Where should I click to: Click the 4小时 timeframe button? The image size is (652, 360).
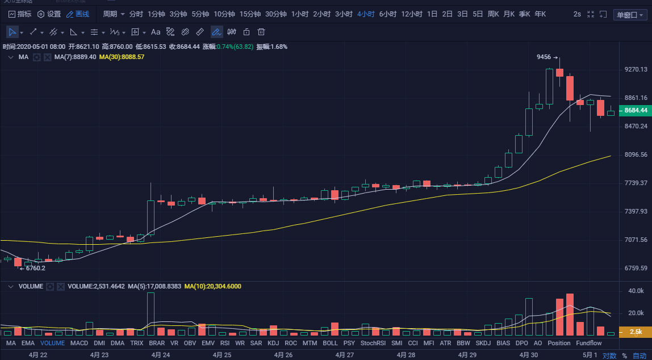click(x=366, y=14)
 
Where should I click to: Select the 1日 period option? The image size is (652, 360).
click(x=432, y=14)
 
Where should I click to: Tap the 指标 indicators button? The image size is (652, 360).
click(x=20, y=14)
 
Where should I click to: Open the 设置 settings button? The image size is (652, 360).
click(x=49, y=14)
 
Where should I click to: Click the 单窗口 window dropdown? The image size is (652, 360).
click(x=630, y=14)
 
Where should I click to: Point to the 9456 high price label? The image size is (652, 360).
click(x=544, y=57)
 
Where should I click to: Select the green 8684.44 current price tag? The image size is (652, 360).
click(x=636, y=110)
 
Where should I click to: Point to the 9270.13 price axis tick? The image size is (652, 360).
click(x=636, y=69)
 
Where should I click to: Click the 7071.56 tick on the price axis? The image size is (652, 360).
click(x=636, y=240)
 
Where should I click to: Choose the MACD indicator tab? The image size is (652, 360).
click(x=79, y=343)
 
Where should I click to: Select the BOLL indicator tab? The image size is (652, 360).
click(x=330, y=343)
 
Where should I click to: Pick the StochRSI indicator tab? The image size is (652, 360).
click(x=373, y=343)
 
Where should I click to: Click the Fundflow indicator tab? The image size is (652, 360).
click(x=588, y=343)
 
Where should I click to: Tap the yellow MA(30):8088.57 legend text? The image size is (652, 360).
click(x=122, y=57)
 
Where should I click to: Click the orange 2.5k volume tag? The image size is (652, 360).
click(x=636, y=331)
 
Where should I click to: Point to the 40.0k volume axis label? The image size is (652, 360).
click(x=636, y=291)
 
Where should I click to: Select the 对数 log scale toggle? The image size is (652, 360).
click(x=609, y=355)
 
